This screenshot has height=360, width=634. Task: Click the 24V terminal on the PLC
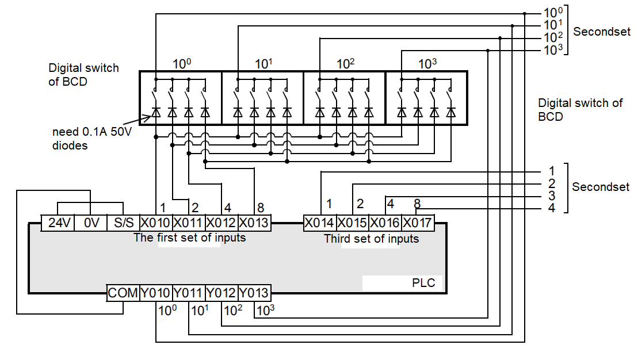click(x=58, y=223)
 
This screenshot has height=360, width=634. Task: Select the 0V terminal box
click(x=90, y=223)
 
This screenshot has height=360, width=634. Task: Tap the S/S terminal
click(x=123, y=223)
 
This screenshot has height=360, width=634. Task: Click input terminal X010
click(x=156, y=223)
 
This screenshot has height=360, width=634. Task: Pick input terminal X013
click(x=254, y=223)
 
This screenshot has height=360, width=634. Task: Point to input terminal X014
click(x=319, y=223)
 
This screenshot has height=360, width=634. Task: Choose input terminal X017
click(x=417, y=223)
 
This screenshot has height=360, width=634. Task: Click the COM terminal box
click(x=123, y=293)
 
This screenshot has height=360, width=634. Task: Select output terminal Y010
click(x=156, y=293)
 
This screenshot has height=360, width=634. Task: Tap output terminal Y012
click(x=221, y=293)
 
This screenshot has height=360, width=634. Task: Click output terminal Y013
click(x=254, y=293)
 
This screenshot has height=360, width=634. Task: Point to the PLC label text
click(x=423, y=283)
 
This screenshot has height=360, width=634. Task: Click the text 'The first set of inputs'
click(x=189, y=237)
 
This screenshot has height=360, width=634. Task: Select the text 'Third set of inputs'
click(x=371, y=238)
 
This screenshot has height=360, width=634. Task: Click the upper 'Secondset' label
click(x=601, y=32)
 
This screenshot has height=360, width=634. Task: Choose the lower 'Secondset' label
click(x=600, y=187)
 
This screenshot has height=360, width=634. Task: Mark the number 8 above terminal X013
click(x=261, y=207)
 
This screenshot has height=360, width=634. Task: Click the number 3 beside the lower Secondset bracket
click(x=551, y=196)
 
